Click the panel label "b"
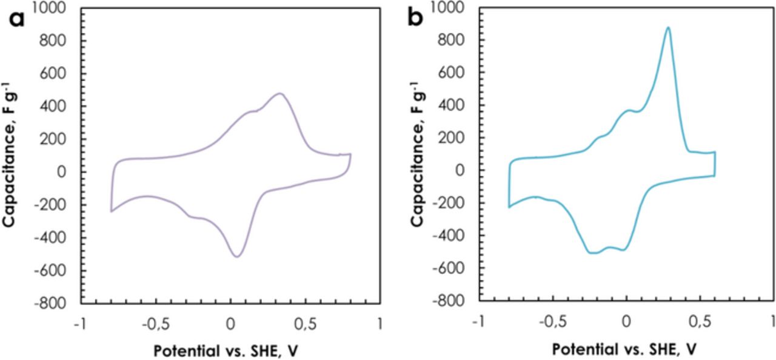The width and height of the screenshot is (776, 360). click(x=416, y=18)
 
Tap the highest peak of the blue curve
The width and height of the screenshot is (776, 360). click(x=668, y=27)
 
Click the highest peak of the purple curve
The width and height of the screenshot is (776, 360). click(x=279, y=93)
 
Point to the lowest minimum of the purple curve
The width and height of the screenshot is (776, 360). click(x=236, y=256)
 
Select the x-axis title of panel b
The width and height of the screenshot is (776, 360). click(x=627, y=350)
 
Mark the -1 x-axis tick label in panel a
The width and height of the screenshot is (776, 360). click(x=79, y=324)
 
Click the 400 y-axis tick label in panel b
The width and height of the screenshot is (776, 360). click(x=460, y=105)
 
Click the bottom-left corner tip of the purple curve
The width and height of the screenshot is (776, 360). click(x=111, y=212)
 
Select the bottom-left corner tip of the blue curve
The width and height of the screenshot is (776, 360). click(x=509, y=207)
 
